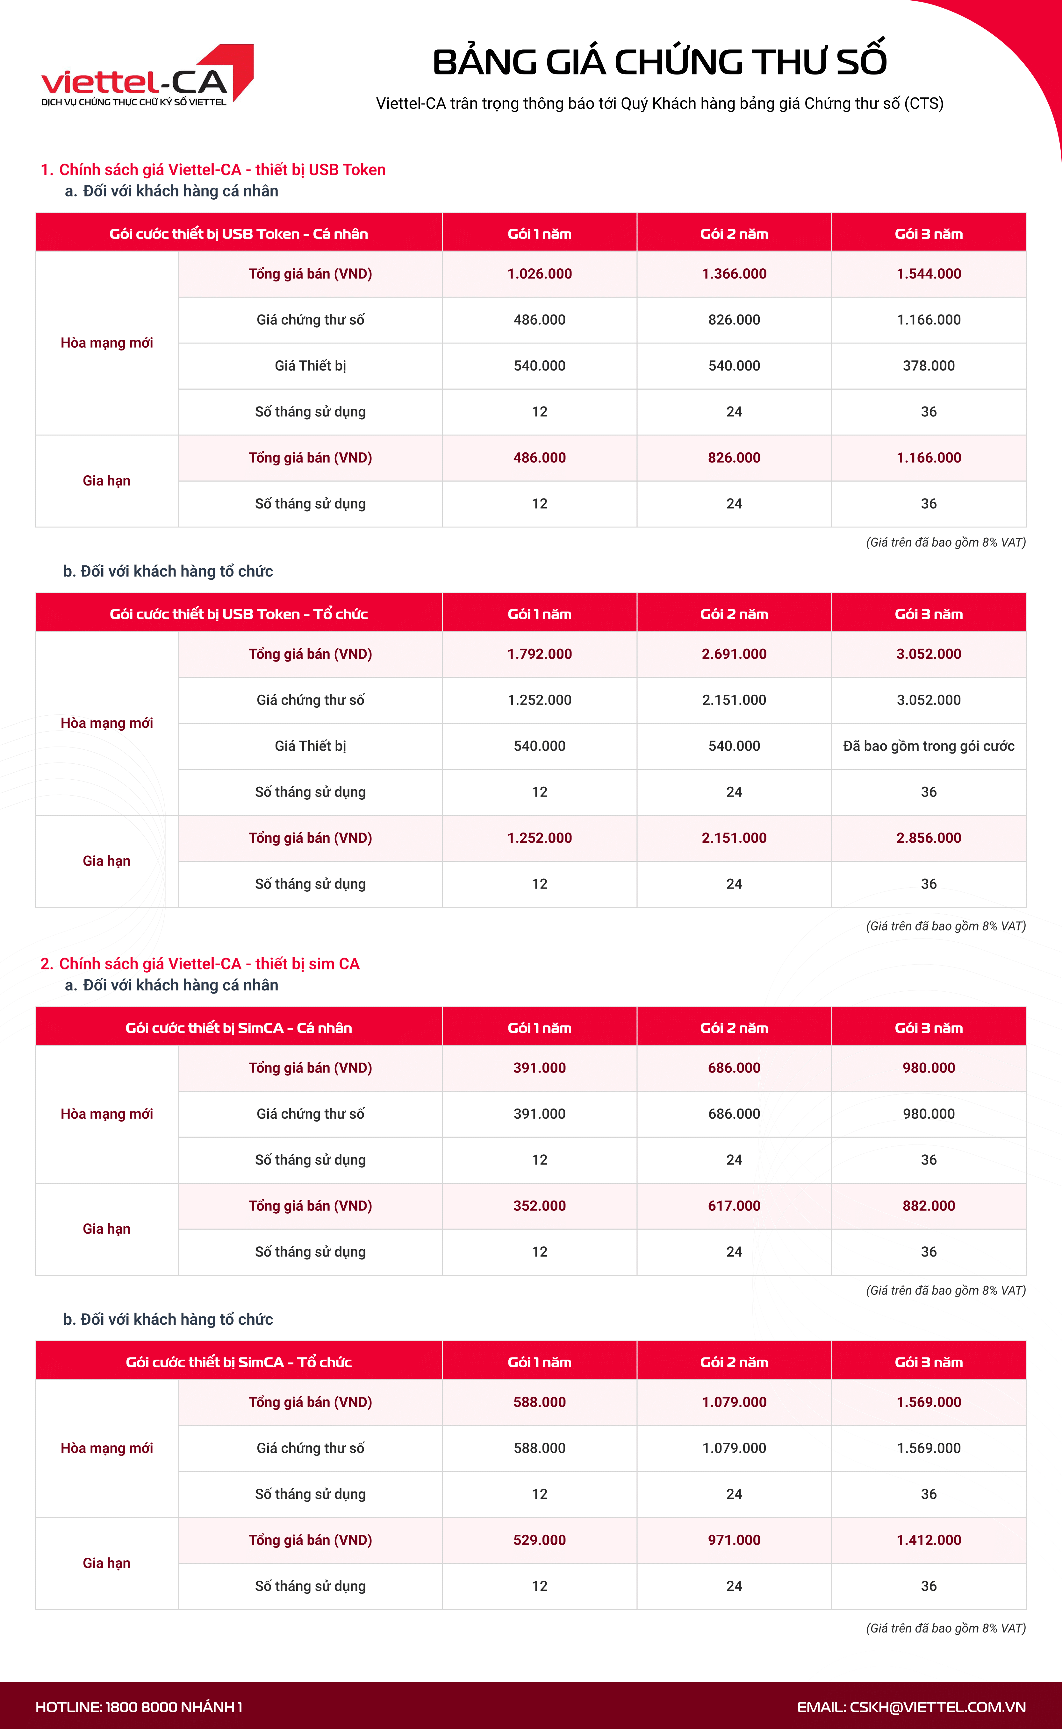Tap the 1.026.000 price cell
[539, 274]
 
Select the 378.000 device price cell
[929, 366]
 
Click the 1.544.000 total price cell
[929, 274]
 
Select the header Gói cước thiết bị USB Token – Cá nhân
[239, 234]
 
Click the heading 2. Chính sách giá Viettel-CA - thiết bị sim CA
[200, 964]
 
